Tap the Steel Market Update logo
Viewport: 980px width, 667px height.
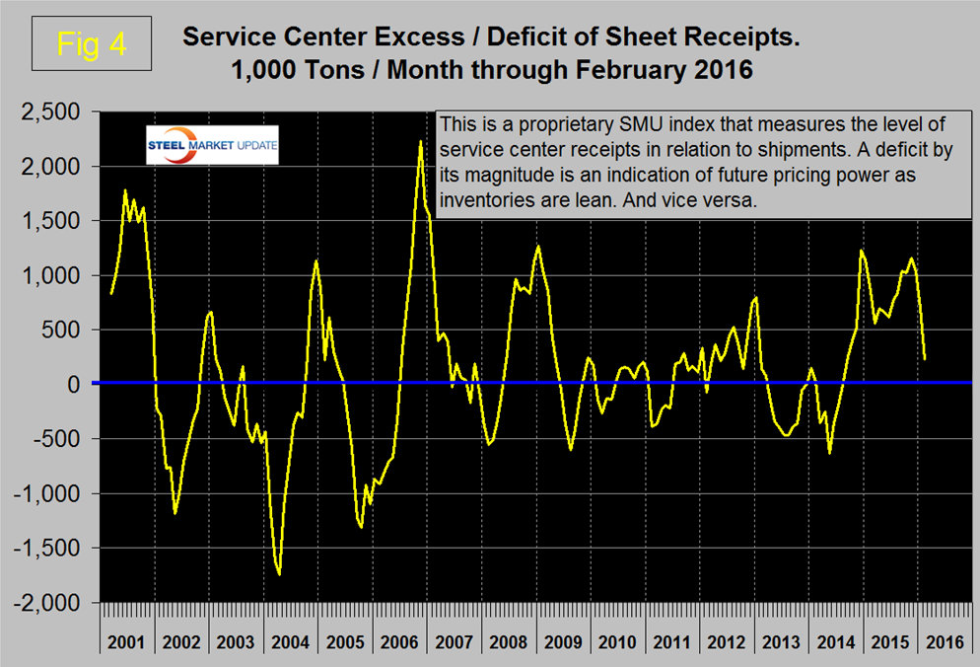point(212,146)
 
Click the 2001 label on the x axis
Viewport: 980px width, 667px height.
point(127,643)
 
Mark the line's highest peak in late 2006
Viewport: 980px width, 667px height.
point(421,142)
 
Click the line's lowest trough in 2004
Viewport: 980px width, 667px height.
point(280,574)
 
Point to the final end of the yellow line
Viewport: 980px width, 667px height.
point(925,357)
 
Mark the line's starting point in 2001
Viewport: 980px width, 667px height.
point(111,293)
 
